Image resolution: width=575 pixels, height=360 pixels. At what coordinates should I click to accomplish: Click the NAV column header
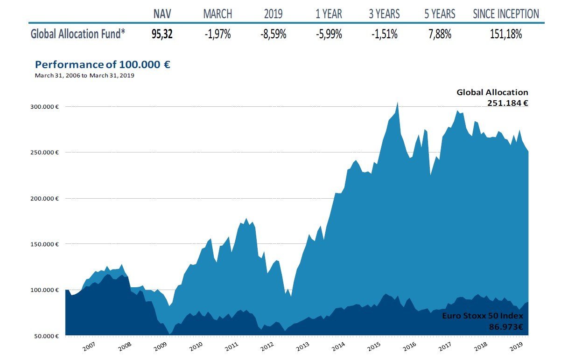(x=162, y=14)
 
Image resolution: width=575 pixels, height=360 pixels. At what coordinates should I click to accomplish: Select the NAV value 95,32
(x=162, y=34)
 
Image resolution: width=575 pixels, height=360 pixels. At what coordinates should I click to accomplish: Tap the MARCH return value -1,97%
(x=218, y=34)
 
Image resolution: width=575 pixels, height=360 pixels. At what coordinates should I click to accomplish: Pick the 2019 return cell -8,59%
(x=273, y=34)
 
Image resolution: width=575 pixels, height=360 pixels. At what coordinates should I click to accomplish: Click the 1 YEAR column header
(x=329, y=14)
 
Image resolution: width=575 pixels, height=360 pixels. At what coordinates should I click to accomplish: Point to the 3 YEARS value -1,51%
(x=384, y=34)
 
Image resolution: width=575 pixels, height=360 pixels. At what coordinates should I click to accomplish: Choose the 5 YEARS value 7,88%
(x=440, y=34)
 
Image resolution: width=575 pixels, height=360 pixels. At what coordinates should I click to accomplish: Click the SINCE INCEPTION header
(x=506, y=14)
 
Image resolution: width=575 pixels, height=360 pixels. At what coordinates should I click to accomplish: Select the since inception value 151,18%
(x=506, y=34)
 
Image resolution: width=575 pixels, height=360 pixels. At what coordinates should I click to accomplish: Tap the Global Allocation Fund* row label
(x=78, y=34)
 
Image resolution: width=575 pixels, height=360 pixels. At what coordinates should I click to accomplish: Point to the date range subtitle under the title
(x=84, y=75)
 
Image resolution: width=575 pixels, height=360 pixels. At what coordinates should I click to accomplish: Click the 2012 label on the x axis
(x=266, y=347)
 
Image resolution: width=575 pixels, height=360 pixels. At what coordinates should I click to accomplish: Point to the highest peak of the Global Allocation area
(x=397, y=102)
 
